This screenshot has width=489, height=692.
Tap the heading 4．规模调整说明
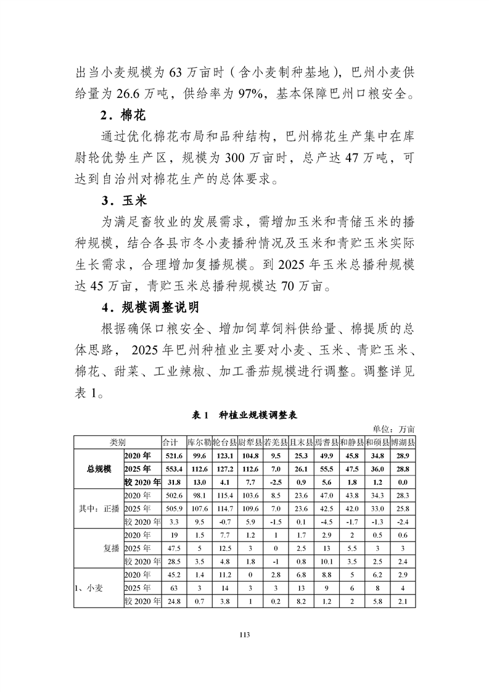(155, 306)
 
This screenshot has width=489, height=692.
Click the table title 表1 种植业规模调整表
(245, 415)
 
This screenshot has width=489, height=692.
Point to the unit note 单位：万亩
(395, 429)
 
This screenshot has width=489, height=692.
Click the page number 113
(245, 633)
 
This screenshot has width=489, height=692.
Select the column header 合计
(170, 442)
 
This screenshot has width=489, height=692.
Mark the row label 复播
(111, 548)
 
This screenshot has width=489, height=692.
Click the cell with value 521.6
(173, 456)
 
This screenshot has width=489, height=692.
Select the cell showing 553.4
(173, 469)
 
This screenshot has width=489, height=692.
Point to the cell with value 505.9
(173, 509)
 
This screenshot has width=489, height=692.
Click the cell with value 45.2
(173, 575)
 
